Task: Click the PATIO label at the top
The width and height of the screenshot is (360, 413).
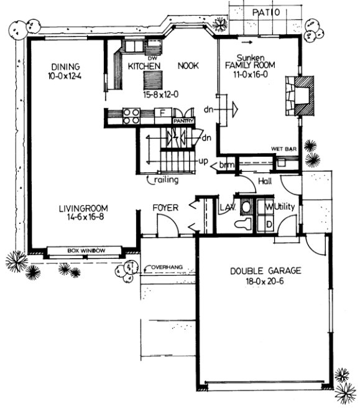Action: pos(269,12)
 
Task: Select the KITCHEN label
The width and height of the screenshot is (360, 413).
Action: pos(145,65)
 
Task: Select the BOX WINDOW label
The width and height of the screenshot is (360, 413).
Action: pos(86,251)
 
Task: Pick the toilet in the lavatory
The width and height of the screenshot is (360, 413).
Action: pos(244,222)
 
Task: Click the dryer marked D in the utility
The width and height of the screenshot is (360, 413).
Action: pos(270,223)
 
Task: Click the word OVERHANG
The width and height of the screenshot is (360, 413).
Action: pos(167,266)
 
